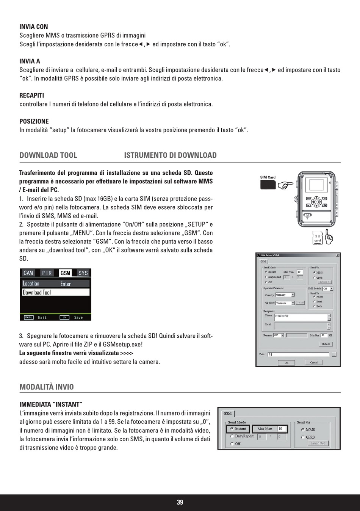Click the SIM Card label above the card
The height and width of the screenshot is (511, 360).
coord(268,177)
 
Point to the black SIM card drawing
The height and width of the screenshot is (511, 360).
coord(268,185)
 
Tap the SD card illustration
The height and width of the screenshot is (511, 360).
coord(318,238)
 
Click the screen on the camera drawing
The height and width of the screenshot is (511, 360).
coord(315,185)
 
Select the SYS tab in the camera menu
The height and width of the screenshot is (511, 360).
coord(83,273)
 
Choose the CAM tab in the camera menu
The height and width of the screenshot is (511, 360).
coord(28,273)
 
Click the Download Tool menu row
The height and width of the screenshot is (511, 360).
coord(55,292)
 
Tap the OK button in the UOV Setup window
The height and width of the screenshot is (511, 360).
coord(286,362)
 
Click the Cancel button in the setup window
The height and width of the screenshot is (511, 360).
coord(314,362)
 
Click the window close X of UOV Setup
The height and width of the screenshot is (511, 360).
coord(338,255)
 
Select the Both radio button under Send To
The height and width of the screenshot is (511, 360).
coord(315,306)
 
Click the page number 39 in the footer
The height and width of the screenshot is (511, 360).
coord(180,502)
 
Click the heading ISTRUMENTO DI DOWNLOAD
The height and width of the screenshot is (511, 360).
coord(170,155)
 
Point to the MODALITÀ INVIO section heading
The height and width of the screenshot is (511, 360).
coord(47,387)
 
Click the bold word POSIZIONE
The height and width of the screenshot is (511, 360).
coord(34,121)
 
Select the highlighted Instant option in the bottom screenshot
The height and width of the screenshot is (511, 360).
coord(238,429)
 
